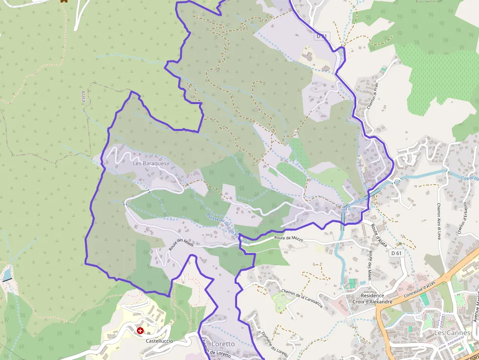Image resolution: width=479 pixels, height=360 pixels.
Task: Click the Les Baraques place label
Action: click(150, 163)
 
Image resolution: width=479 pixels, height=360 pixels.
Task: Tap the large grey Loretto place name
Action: click(222, 344)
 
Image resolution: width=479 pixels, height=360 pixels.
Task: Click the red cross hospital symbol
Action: click(141, 331)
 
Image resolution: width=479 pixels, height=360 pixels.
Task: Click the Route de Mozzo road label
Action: click(288, 239)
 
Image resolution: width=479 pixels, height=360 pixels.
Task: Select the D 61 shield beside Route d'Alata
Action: click(396, 253)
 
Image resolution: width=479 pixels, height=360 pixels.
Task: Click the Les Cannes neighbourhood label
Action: click(452, 333)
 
